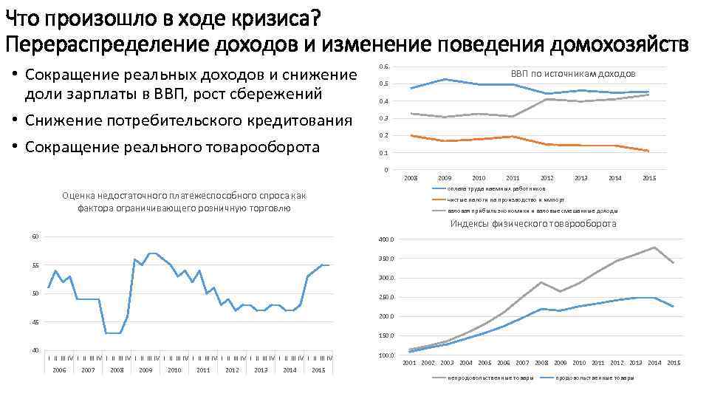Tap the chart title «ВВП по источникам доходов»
tap(573, 74)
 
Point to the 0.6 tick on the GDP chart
tap(383, 67)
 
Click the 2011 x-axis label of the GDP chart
tap(513, 178)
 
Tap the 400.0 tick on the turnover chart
tap(386, 239)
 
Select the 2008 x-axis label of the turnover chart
tap(541, 363)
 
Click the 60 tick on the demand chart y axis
tap(35, 236)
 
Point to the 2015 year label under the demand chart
tap(318, 369)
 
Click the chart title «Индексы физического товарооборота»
tap(533, 224)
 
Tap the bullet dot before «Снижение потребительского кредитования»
tap(16, 120)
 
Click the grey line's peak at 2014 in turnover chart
tap(654, 248)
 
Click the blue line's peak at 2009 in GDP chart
tap(445, 79)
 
